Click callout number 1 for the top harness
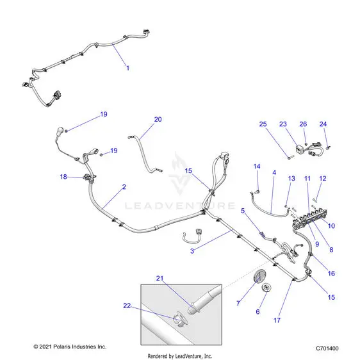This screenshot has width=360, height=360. tap(128, 68)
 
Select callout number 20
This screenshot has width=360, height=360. tap(158, 119)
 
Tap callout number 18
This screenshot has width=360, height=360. tap(63, 177)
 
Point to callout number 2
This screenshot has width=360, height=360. tap(124, 187)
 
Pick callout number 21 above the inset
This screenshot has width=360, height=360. tap(160, 279)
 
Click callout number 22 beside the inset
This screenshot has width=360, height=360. tap(127, 306)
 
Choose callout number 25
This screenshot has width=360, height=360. tap(263, 124)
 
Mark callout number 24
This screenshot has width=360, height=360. tap(323, 124)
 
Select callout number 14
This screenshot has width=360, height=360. tap(257, 167)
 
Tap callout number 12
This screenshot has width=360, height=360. tap(323, 179)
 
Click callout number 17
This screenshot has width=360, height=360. tap(277, 320)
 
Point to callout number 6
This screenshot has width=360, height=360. tap(258, 312)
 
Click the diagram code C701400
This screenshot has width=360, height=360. tap(327, 348)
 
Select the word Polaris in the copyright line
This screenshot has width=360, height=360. tap(62, 347)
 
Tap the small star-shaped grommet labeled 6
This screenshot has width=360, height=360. tap(266, 288)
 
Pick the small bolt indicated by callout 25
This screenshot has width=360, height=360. tap(291, 158)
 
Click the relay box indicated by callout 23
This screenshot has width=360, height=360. tap(300, 150)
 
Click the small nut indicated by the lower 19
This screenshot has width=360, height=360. tap(101, 155)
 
